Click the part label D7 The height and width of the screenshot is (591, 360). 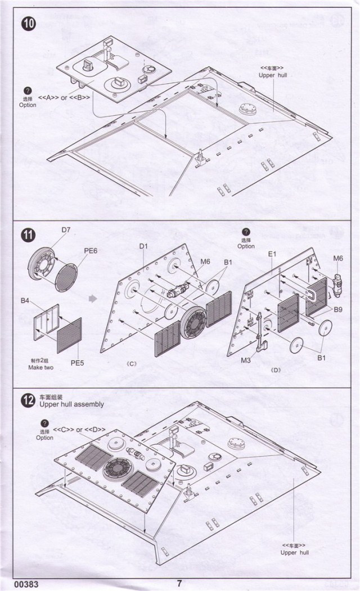point(66,229)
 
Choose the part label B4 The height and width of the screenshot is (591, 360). point(25,301)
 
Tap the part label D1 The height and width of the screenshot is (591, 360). point(143,246)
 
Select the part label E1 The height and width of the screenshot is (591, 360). point(272,254)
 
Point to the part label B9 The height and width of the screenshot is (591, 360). point(338,309)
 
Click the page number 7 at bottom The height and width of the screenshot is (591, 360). point(179,583)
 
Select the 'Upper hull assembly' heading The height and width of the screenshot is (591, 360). point(72,404)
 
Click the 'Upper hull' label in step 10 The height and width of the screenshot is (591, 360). point(273,75)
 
